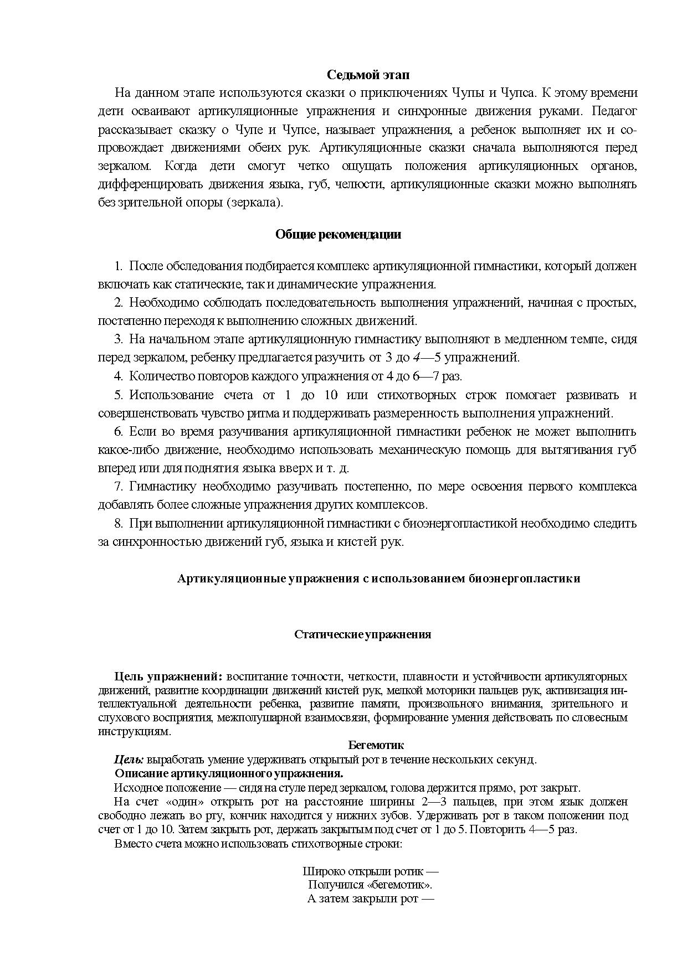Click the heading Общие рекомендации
point(338,234)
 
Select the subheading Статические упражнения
point(362,634)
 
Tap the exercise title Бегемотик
point(376,745)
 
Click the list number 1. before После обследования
point(118,266)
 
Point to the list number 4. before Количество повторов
point(118,376)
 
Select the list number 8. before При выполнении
point(118,523)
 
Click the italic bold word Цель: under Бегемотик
point(129,760)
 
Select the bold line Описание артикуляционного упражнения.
point(229,773)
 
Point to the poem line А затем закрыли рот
point(370,898)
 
